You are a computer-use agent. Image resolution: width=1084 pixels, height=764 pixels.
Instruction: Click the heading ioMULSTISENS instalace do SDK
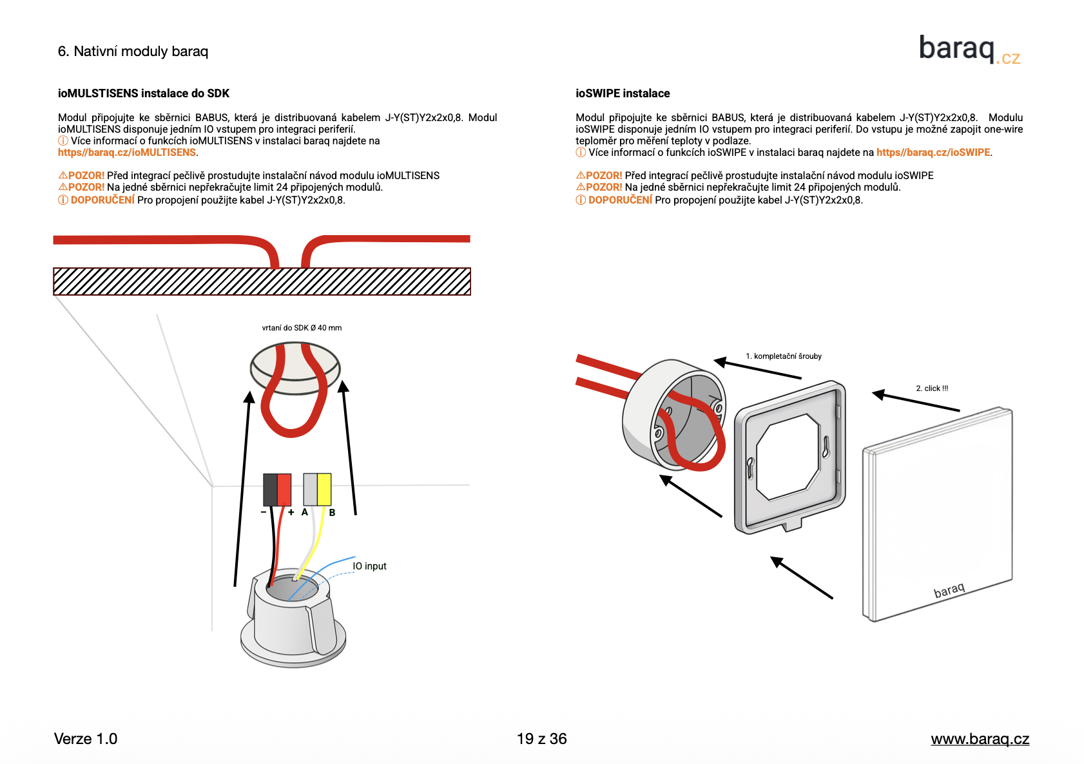click(x=143, y=93)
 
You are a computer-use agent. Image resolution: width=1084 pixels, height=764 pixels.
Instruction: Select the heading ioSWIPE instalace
click(x=622, y=93)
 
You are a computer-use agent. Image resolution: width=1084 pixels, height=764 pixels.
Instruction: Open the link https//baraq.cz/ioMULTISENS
click(x=127, y=153)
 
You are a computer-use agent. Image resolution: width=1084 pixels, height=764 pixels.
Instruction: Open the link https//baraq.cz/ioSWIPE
click(x=933, y=153)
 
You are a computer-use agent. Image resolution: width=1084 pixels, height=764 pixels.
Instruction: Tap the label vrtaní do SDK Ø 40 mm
click(x=302, y=328)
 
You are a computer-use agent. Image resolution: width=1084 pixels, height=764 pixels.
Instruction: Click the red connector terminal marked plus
click(x=284, y=490)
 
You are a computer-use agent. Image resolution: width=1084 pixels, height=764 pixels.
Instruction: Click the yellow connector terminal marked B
click(x=324, y=490)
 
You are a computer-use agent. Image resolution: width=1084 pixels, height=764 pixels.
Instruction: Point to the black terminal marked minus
click(x=270, y=490)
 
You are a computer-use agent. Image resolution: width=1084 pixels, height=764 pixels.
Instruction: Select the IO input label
click(x=369, y=566)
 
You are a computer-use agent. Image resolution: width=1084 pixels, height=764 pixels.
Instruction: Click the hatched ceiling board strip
click(x=262, y=282)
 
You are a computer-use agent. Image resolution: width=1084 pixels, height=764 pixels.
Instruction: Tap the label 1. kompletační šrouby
click(x=783, y=356)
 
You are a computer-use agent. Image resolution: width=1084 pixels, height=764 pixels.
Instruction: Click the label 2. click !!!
click(x=931, y=388)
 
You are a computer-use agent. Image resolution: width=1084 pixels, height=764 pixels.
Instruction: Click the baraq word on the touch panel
click(x=949, y=590)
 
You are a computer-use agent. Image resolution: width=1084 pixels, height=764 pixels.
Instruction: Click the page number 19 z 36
click(x=541, y=739)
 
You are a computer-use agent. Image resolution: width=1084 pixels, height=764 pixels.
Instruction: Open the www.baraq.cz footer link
click(x=980, y=739)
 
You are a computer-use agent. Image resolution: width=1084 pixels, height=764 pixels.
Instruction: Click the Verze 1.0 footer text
click(x=86, y=739)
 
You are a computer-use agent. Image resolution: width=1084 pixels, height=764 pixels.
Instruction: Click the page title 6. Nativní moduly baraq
click(x=133, y=52)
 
